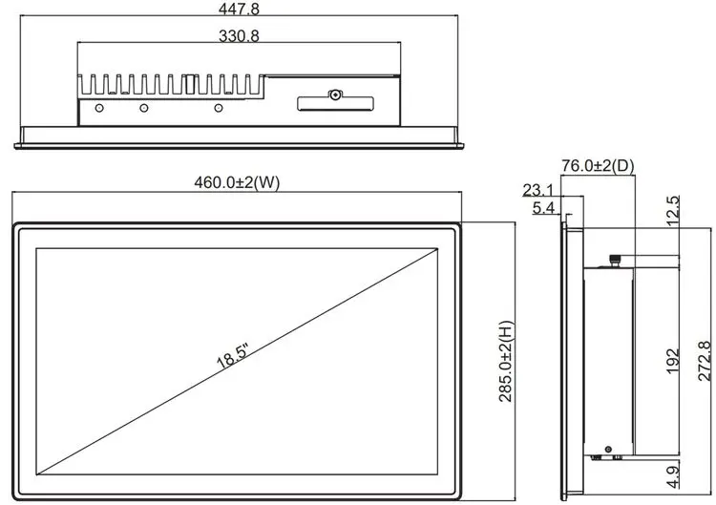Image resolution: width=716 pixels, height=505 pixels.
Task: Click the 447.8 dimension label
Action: pos(239,9)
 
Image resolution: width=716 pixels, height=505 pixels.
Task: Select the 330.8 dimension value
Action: pos(239,35)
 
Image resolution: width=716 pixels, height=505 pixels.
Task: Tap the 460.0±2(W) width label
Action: pos(237,182)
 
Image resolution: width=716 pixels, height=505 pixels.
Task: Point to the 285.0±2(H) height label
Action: pos(506,361)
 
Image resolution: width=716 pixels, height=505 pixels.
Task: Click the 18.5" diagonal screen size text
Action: pos(232,356)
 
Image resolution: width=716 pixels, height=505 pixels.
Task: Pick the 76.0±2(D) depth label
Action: pos(598,166)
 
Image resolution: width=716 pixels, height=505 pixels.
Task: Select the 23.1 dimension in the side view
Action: pos(537,190)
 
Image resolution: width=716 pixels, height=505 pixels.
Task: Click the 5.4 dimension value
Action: pos(543,208)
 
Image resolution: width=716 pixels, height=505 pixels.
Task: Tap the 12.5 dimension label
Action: pos(673,210)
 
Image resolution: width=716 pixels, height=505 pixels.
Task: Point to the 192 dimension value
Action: pos(673,361)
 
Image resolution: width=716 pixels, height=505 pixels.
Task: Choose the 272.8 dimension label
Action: pos(705,361)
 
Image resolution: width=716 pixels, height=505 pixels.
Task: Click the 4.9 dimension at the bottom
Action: pos(673,477)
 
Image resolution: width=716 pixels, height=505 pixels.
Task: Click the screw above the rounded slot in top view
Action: pos(336,95)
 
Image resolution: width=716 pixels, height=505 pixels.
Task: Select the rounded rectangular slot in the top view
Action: pos(336,104)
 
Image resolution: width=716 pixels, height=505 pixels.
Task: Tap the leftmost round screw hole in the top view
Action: pos(99,108)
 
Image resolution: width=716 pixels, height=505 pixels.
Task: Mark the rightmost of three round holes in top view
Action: pos(219,108)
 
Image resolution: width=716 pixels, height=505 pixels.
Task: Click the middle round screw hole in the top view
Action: pos(144,108)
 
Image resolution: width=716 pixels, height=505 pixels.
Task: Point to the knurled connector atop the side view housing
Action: pos(616,261)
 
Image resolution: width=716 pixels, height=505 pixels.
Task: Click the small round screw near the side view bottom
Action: pos(608,450)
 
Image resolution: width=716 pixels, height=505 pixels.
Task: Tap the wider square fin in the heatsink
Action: pos(190,85)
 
